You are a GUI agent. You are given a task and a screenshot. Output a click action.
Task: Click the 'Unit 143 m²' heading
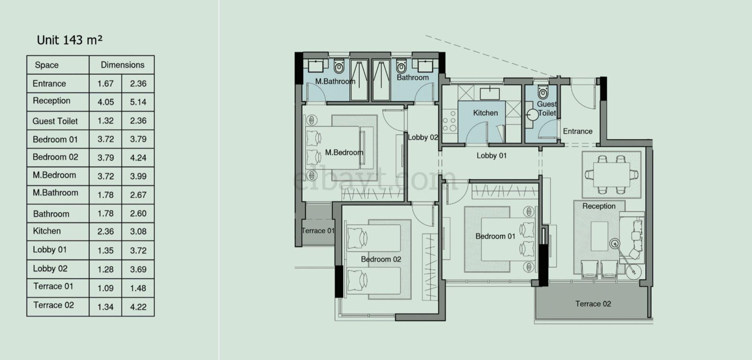[x=70, y=40]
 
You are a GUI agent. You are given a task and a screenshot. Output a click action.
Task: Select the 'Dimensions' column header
[x=123, y=65]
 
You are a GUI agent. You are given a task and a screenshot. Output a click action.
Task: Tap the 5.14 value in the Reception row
[x=138, y=102]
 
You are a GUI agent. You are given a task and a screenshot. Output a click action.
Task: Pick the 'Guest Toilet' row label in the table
[x=55, y=121]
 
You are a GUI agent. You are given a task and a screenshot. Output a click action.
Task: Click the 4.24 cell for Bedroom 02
[x=138, y=158]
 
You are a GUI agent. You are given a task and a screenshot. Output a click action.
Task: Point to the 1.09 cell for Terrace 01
[x=105, y=288]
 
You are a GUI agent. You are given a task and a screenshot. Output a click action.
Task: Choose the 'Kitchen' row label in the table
[x=47, y=231]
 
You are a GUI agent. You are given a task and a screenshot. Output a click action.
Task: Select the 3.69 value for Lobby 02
[x=138, y=269]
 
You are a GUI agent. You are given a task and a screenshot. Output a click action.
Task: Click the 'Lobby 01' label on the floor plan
[x=491, y=156]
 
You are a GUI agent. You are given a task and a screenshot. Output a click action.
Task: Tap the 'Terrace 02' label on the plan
[x=593, y=304]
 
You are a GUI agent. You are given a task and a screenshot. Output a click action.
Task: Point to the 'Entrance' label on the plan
[x=578, y=131]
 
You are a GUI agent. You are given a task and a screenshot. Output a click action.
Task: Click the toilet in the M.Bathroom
[x=339, y=67]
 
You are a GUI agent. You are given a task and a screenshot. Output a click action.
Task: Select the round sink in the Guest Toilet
[x=532, y=115]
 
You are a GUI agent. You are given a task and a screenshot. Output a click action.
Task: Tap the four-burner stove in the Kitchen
[x=450, y=120]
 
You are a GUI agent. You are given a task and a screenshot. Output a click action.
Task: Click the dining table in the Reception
[x=611, y=174]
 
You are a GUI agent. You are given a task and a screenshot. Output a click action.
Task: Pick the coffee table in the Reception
[x=599, y=236]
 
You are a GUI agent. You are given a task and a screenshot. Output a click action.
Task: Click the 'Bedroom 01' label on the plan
[x=495, y=236]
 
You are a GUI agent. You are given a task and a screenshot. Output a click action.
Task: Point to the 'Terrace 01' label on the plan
[x=318, y=231]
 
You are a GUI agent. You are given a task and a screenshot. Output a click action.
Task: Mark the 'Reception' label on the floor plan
[x=599, y=206]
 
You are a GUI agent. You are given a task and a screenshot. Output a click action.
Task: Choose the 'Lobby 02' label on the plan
[x=423, y=137]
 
